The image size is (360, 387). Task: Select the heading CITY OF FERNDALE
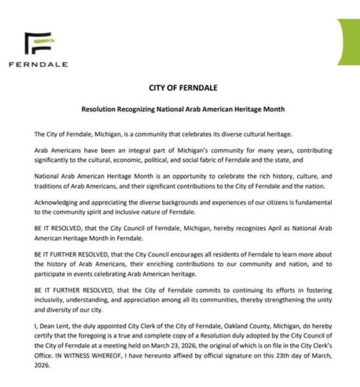(183, 88)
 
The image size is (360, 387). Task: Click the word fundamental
(315, 202)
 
